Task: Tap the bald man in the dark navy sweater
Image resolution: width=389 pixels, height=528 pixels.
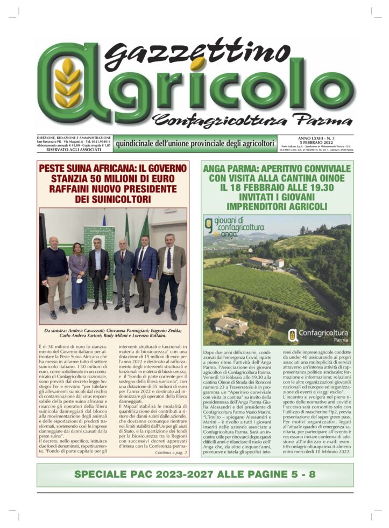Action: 55,272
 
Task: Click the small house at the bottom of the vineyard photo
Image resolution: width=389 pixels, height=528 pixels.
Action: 232,324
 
